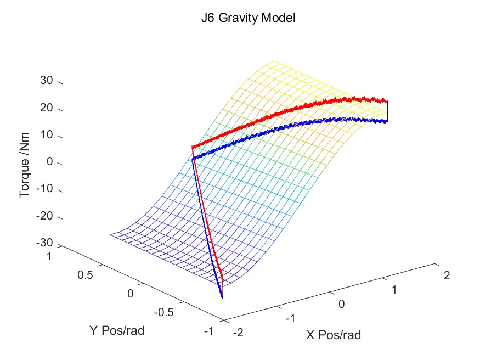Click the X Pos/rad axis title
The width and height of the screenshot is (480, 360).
(334, 334)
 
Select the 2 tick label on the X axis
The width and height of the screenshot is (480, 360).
(447, 275)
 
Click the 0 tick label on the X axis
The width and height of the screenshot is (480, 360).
(342, 304)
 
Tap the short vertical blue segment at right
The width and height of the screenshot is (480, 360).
(387, 111)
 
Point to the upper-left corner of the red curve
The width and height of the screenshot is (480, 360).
(193, 147)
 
